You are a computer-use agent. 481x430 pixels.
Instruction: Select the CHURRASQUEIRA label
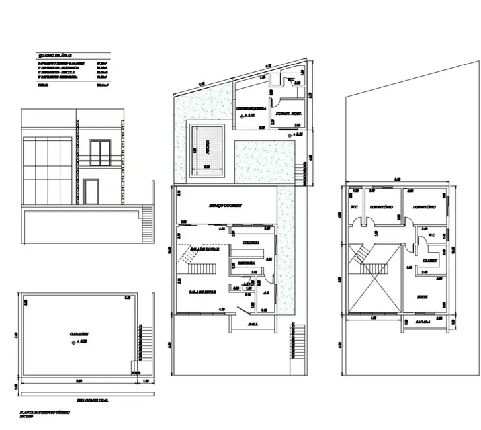pyautogui.click(x=251, y=108)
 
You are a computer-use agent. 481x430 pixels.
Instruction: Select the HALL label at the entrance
pyautogui.click(x=253, y=323)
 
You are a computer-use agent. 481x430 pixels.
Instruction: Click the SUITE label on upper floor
pyautogui.click(x=422, y=297)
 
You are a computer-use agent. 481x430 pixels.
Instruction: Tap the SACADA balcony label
pyautogui.click(x=423, y=322)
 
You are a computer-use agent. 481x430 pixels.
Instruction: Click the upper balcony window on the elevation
pyautogui.click(x=101, y=152)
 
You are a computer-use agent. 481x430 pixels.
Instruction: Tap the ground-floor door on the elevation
pyautogui.click(x=91, y=193)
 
